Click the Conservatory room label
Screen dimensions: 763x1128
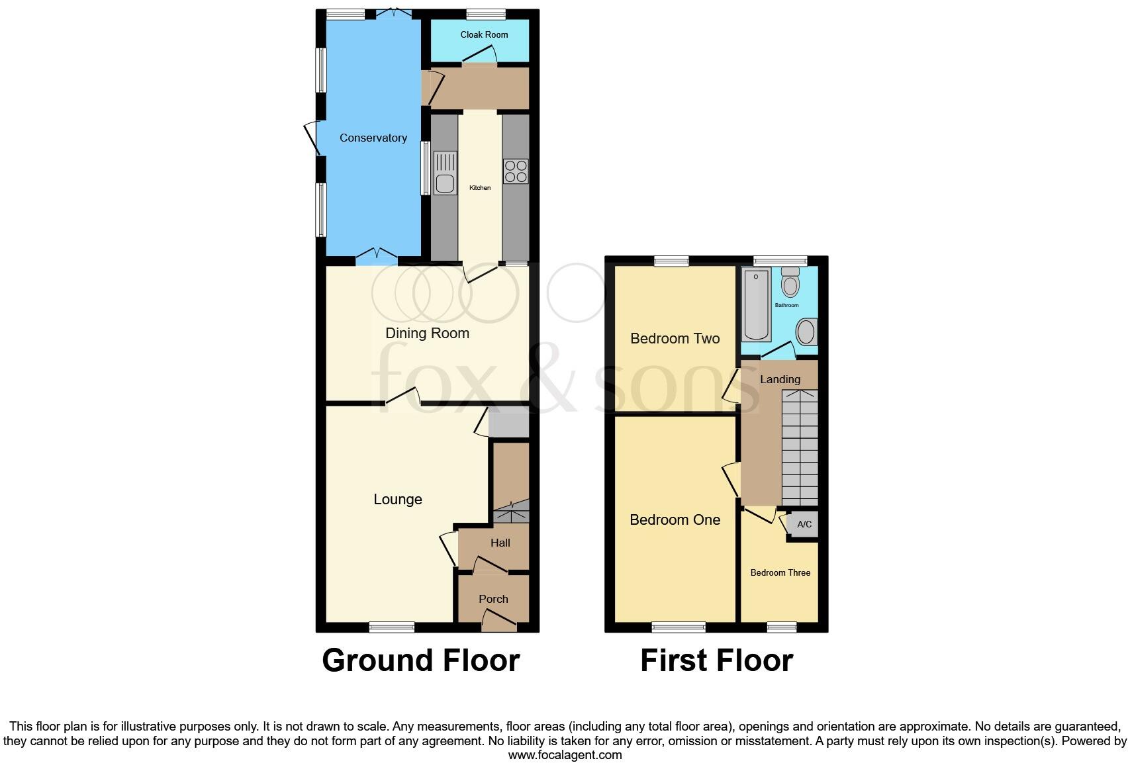click(x=373, y=138)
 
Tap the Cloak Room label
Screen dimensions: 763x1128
click(x=484, y=34)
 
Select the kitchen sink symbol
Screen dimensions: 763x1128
click(x=446, y=173)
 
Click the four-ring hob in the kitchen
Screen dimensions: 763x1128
click(x=516, y=171)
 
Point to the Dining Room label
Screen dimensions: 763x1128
click(x=427, y=333)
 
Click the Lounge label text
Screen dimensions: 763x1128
click(x=397, y=499)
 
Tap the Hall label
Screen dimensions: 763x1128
click(x=500, y=543)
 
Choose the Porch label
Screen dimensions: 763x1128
click(x=493, y=599)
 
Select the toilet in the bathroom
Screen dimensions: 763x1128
click(x=790, y=283)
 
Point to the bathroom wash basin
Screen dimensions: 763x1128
click(x=806, y=332)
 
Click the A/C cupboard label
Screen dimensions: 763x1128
click(x=804, y=524)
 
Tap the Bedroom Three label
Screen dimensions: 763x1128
click(x=780, y=572)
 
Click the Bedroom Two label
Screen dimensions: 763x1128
click(x=675, y=338)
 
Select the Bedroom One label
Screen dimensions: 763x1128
click(x=675, y=519)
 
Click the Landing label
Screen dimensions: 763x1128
click(x=780, y=379)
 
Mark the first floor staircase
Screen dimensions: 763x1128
click(x=800, y=448)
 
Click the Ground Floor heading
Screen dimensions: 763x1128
click(x=420, y=660)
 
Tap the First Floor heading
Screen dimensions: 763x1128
click(x=716, y=660)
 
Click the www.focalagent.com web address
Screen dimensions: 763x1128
click(x=565, y=754)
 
